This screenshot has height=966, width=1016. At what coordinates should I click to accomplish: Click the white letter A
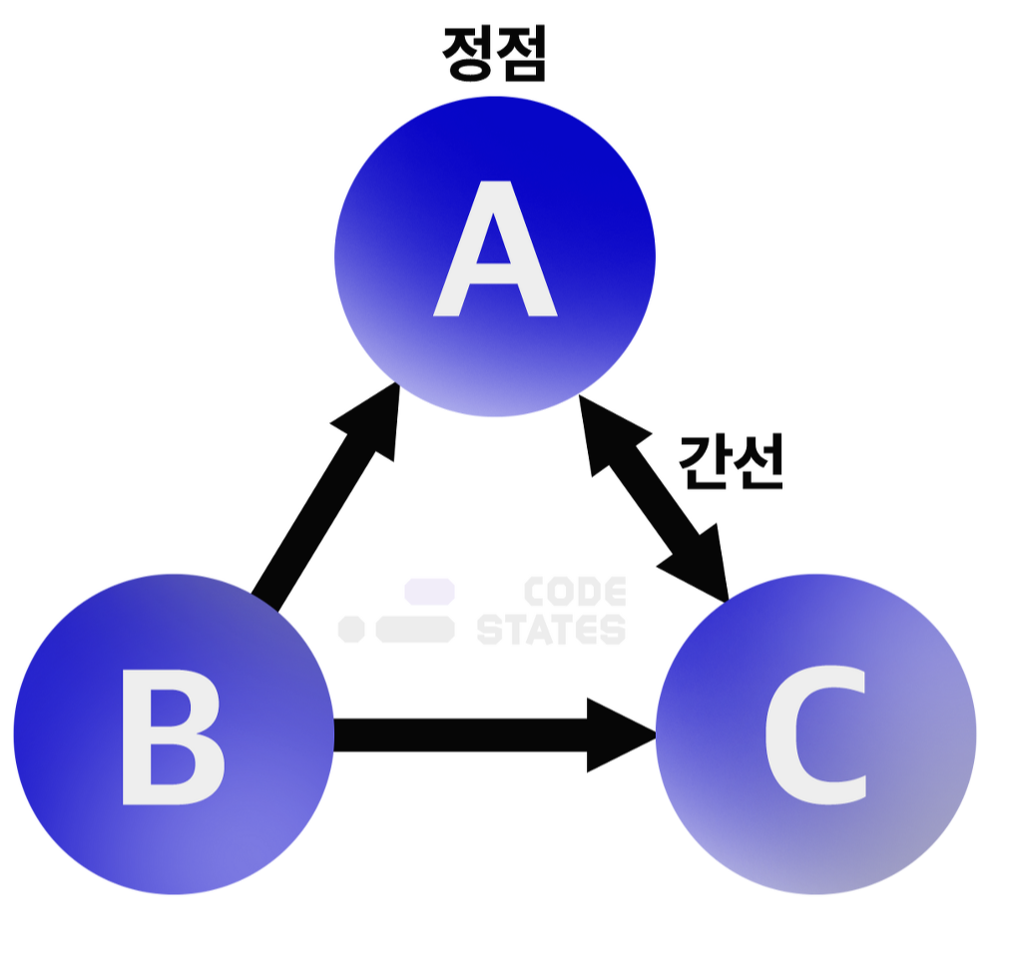point(495,251)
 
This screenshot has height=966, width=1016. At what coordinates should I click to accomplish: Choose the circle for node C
point(908,818)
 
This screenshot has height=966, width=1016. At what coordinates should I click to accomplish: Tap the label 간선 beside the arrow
point(730,461)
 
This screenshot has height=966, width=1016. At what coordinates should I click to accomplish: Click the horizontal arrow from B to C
point(469,734)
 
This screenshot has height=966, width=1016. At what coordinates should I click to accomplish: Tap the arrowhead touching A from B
point(369,424)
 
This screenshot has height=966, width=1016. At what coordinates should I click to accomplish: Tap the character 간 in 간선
point(704,461)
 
